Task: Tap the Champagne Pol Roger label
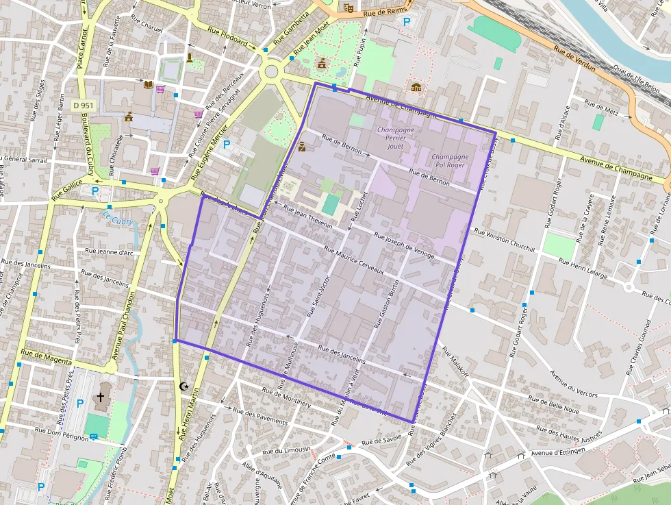click(x=450, y=161)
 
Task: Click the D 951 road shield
click(x=83, y=106)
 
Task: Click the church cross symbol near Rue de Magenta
click(x=101, y=397)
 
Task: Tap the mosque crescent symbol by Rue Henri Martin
click(x=183, y=386)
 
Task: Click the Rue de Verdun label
click(x=574, y=60)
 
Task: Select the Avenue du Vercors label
click(x=574, y=384)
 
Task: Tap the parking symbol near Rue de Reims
click(x=407, y=22)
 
